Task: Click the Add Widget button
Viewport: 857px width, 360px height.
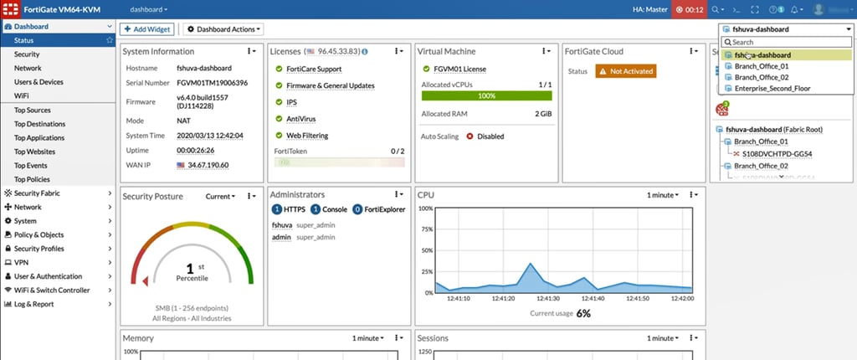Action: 147,29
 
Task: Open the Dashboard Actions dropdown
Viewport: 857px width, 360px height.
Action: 221,29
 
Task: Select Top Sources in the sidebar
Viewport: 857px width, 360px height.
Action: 33,110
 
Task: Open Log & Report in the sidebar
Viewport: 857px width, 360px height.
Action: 33,303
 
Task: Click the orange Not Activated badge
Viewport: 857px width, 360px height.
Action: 626,71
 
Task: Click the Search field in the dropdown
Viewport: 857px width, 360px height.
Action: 787,42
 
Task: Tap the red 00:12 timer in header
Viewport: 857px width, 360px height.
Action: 688,9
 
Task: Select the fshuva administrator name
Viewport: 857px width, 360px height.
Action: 281,224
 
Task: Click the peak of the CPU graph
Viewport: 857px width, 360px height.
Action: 530,264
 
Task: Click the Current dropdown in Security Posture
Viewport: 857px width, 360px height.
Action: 220,196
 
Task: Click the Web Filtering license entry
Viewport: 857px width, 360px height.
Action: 306,135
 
